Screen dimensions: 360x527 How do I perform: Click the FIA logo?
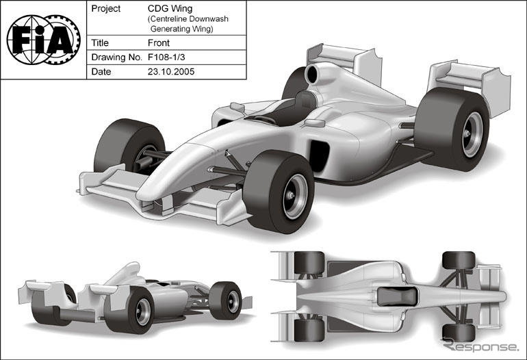[43, 40]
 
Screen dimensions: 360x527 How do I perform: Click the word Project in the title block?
[106, 9]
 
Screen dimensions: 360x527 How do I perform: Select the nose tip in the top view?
[503, 296]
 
